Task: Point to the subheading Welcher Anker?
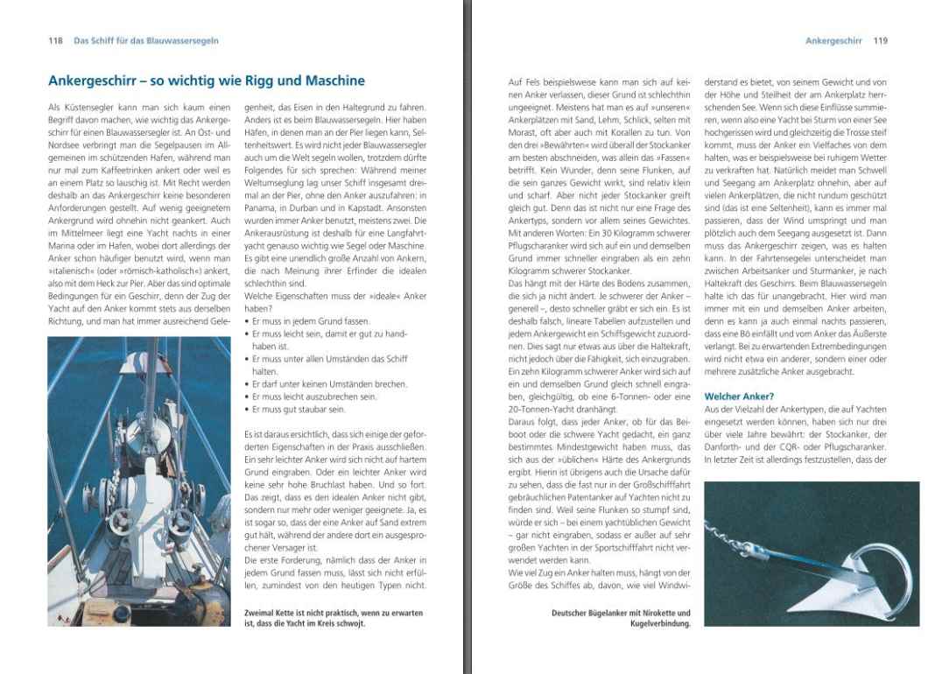point(739,397)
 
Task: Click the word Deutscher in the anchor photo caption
point(573,613)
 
